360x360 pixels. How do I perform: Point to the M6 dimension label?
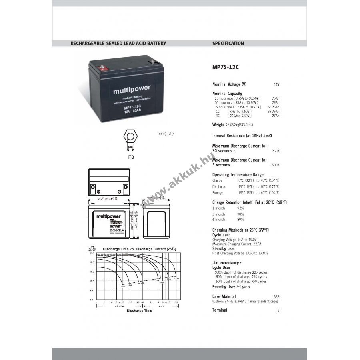coord(130,148)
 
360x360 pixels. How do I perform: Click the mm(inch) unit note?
coord(166,133)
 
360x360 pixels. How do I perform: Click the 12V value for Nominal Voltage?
coord(276,85)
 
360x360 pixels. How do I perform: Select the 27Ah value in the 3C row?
coord(275,116)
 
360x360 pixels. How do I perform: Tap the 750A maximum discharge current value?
coord(275,151)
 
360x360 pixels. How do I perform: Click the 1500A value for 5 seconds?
coord(274,165)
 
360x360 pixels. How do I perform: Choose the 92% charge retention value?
coord(240,208)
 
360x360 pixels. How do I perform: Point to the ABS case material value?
coord(276,297)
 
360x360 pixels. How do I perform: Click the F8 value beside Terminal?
coord(277,310)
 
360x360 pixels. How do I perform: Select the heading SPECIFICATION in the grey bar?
coord(228,44)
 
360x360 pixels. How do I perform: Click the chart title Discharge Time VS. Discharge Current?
coord(139,249)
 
